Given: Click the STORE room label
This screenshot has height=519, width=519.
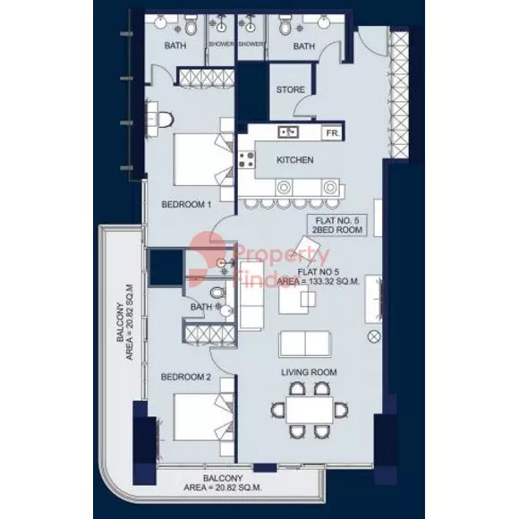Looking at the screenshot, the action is pyautogui.click(x=290, y=89).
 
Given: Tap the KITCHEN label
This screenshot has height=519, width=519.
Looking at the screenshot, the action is pyautogui.click(x=295, y=160).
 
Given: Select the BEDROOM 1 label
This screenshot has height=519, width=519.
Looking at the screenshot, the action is pyautogui.click(x=186, y=205).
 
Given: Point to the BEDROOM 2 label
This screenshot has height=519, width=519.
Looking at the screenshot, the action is pyautogui.click(x=186, y=377).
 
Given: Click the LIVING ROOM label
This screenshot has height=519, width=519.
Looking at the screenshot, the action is pyautogui.click(x=309, y=372).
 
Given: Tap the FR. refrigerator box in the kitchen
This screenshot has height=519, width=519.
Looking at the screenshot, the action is pyautogui.click(x=332, y=133).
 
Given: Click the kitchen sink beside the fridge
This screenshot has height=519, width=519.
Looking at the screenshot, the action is pyautogui.click(x=288, y=132).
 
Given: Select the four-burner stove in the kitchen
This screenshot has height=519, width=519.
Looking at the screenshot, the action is pyautogui.click(x=247, y=159).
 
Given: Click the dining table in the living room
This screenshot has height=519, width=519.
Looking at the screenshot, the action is pyautogui.click(x=310, y=410).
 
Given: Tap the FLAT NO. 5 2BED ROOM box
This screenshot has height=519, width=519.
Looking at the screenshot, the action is pyautogui.click(x=337, y=225).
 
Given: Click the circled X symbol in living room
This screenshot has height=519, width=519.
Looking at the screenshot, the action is pyautogui.click(x=374, y=337).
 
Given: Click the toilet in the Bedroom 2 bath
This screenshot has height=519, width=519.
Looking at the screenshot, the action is pyautogui.click(x=217, y=293).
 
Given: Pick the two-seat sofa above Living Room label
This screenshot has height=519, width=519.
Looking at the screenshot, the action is pyautogui.click(x=305, y=344).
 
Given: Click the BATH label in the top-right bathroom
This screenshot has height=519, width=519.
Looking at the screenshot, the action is pyautogui.click(x=304, y=47).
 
